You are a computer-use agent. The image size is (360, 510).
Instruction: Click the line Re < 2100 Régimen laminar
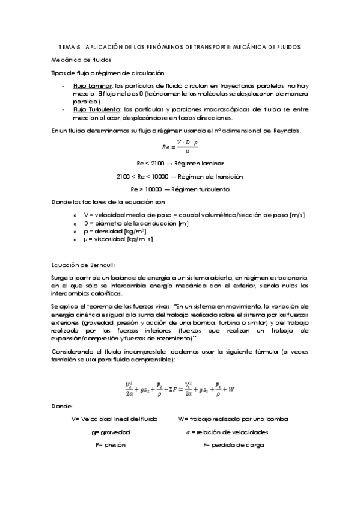[180, 163]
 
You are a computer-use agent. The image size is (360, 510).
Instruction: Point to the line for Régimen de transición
[180, 176]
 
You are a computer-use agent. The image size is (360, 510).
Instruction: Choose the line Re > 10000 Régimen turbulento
[180, 189]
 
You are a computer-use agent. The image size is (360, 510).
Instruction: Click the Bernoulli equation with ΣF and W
[180, 389]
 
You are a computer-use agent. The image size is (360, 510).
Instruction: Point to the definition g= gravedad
[111, 432]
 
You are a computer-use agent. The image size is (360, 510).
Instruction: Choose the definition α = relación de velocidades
[227, 432]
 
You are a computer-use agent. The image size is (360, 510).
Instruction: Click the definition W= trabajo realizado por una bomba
[233, 419]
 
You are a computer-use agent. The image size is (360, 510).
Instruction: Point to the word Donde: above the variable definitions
[63, 407]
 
